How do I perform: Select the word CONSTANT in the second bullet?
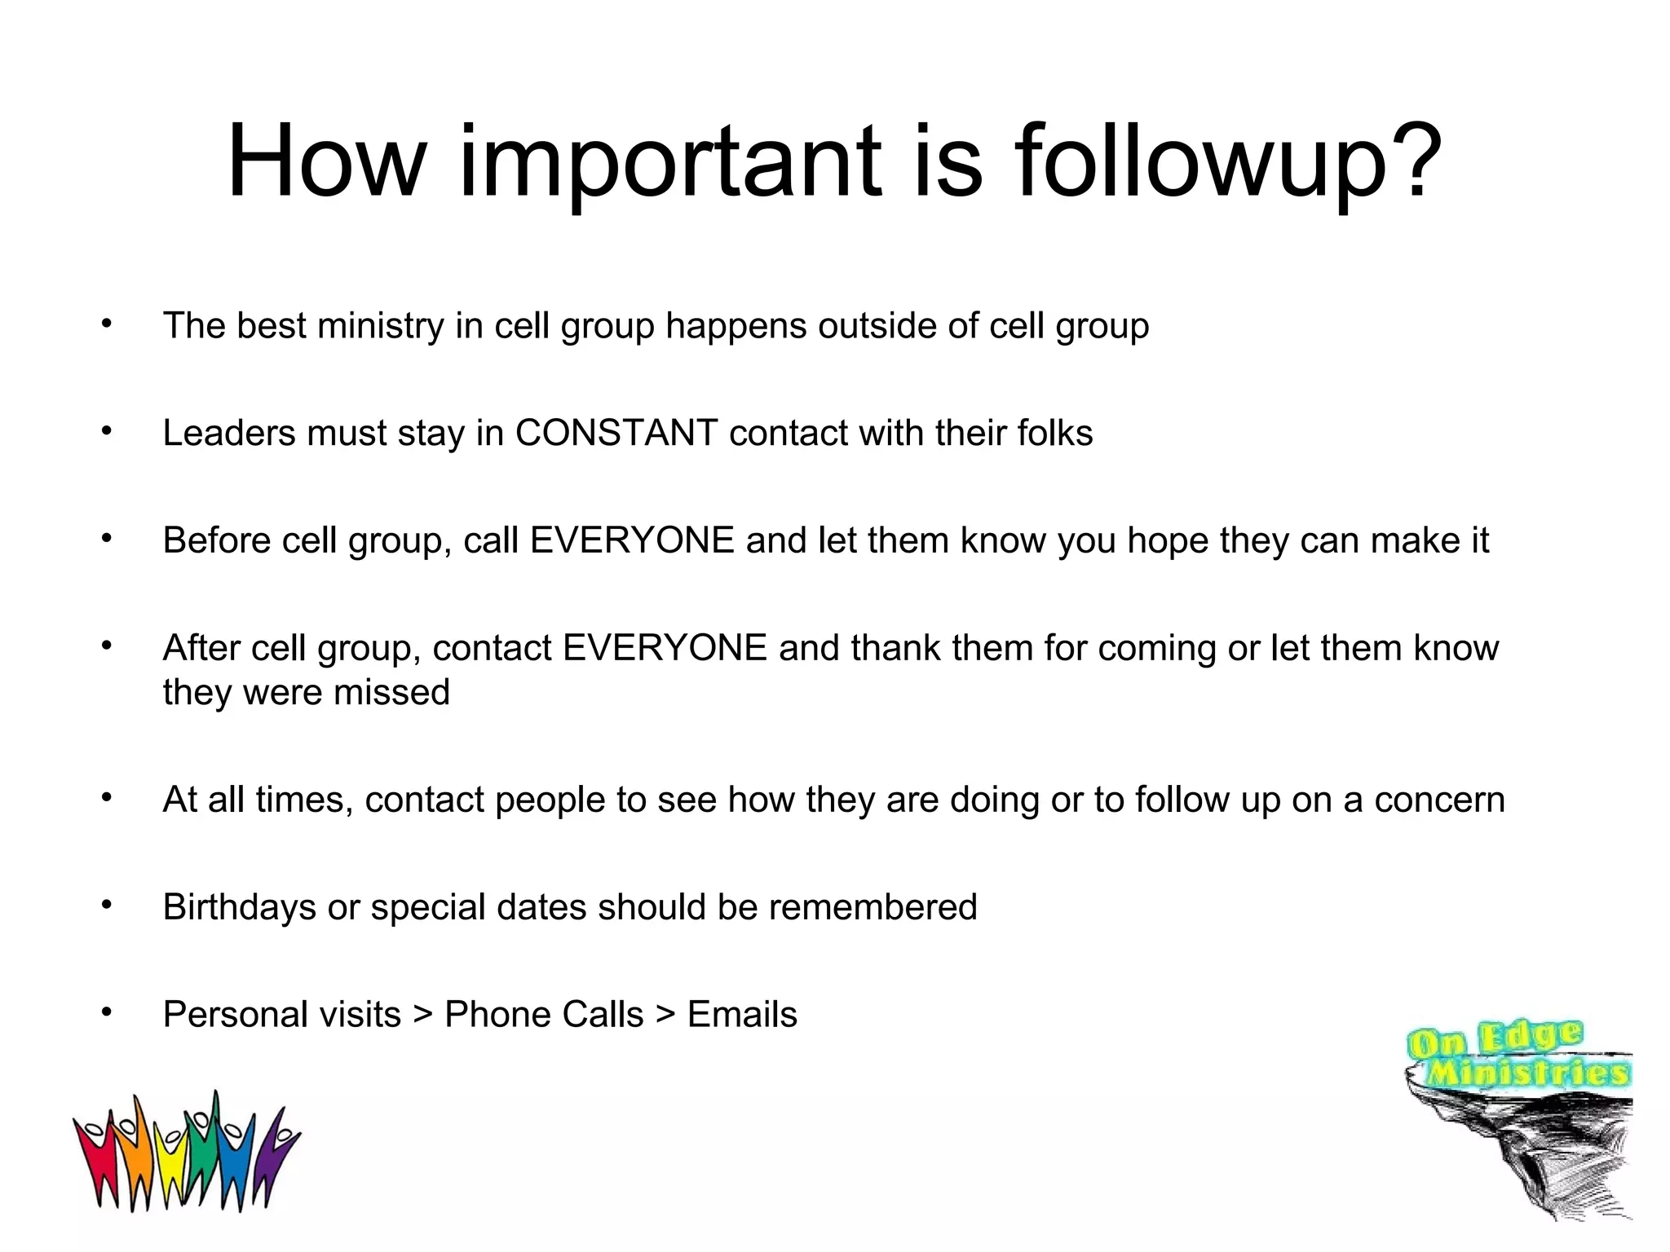(616, 433)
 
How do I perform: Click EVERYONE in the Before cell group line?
(632, 540)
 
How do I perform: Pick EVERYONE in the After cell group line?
(665, 648)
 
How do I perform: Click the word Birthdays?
(239, 907)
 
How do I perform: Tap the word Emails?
(742, 1015)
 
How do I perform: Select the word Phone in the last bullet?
(498, 1015)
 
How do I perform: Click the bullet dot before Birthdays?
(106, 904)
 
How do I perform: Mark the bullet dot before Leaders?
(106, 430)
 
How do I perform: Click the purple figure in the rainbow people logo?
(273, 1153)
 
